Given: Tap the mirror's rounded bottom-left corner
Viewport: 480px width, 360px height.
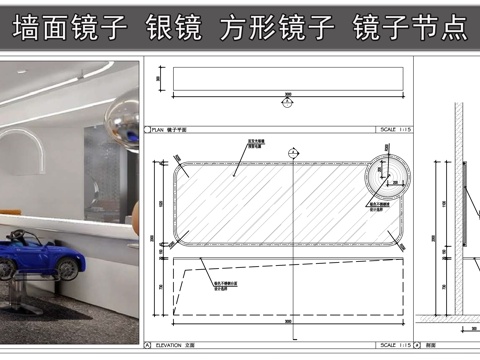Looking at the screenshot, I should [181, 238].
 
